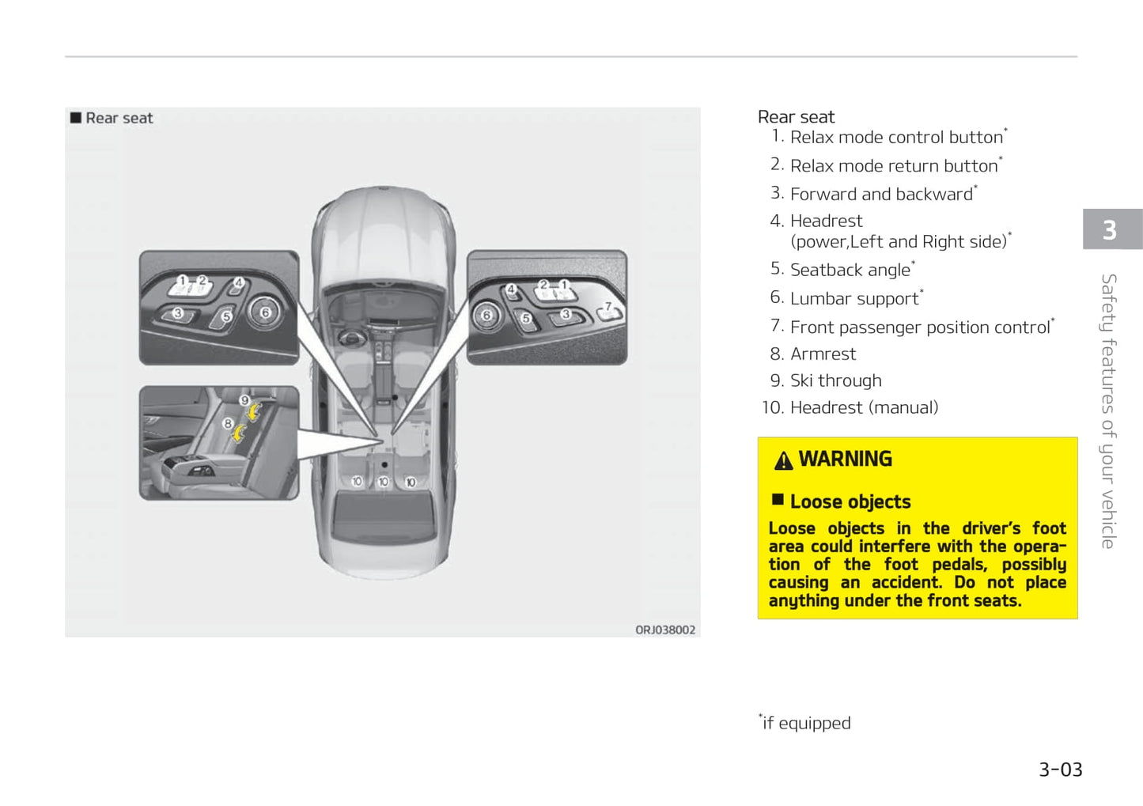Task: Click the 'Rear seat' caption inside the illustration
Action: click(x=119, y=118)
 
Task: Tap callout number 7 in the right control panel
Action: click(x=607, y=306)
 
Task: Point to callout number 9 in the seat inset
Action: click(x=245, y=400)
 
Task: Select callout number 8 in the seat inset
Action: click(x=228, y=423)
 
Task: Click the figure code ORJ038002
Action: click(x=664, y=630)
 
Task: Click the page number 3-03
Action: click(x=1060, y=770)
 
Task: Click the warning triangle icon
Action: click(x=783, y=460)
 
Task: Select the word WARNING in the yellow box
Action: click(x=845, y=459)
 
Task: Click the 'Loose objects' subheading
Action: click(x=850, y=501)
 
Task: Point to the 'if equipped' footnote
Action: click(x=805, y=723)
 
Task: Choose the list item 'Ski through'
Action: click(x=835, y=380)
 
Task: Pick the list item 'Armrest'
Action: click(x=823, y=354)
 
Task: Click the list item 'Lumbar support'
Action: click(x=854, y=298)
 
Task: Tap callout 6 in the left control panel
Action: click(x=265, y=312)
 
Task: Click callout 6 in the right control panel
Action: click(x=486, y=315)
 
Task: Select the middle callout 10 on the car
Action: click(x=384, y=482)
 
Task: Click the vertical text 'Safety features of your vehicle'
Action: click(x=1109, y=411)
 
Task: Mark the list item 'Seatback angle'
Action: click(x=850, y=270)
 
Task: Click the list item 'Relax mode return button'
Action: click(x=894, y=165)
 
